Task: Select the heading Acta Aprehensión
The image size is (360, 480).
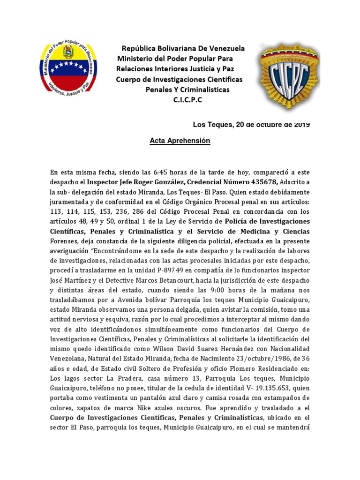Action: [180, 141]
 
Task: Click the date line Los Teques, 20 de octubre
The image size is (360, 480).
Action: [251, 125]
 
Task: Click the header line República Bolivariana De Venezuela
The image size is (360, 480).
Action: [183, 48]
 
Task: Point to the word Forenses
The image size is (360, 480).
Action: [65, 240]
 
